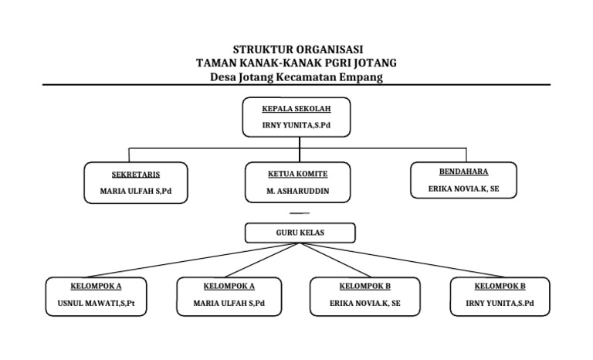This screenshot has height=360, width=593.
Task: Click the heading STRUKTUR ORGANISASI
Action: coord(297,50)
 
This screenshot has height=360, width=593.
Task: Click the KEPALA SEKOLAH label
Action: coord(296,109)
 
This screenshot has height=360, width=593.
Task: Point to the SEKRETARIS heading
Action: coord(136,175)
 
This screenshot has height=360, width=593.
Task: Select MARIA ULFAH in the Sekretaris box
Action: coord(136,191)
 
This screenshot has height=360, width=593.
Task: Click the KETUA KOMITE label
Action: coord(297,175)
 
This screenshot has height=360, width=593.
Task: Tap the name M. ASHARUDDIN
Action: coord(297,191)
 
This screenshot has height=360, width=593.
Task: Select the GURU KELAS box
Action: coord(300,233)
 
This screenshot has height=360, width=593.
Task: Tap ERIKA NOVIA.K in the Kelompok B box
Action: coord(364,304)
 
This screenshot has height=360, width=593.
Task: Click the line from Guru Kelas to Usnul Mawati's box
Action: coord(193,260)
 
